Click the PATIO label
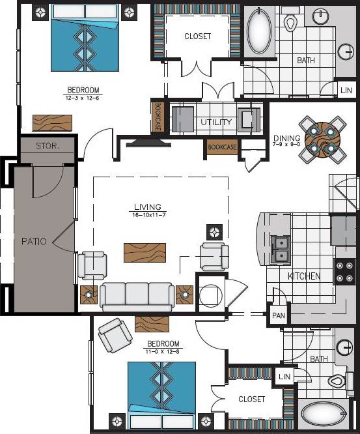(33, 241)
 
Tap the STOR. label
(48, 146)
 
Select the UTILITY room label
(215, 122)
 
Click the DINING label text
(286, 138)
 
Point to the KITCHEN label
(304, 276)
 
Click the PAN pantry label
(278, 315)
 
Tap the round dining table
(324, 138)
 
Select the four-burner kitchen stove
(344, 272)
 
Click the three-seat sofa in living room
(137, 295)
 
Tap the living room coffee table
(145, 252)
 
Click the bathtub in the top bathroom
(261, 32)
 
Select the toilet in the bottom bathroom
(338, 381)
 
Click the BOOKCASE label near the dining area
(222, 148)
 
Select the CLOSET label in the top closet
(197, 36)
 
